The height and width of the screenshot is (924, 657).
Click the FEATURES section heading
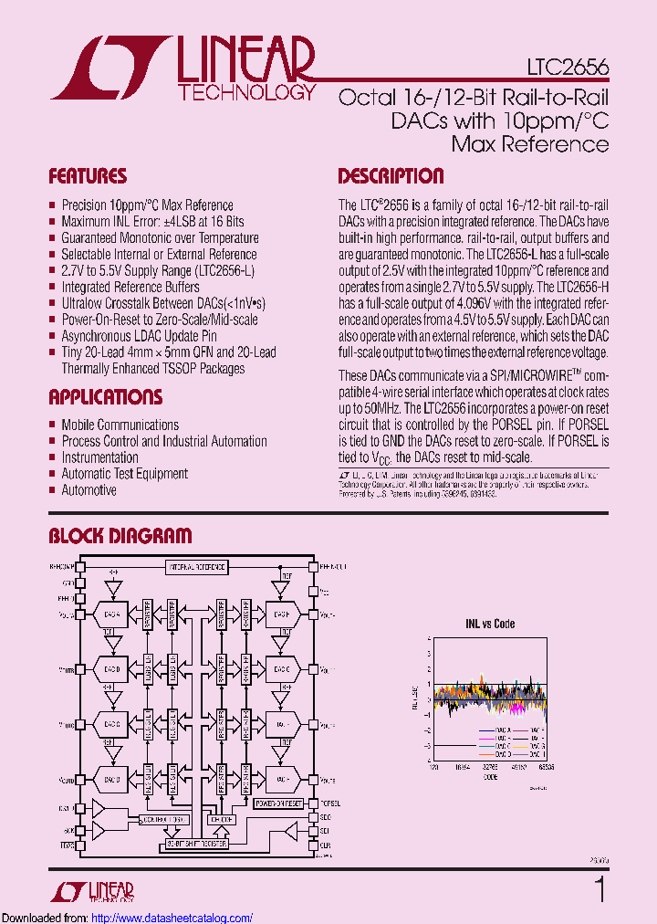coord(88,176)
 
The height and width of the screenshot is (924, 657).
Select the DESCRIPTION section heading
coord(391,176)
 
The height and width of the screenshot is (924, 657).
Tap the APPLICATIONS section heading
coord(105,397)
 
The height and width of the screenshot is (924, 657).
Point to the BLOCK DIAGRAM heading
coord(120,536)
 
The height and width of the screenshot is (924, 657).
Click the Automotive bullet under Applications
coord(89,490)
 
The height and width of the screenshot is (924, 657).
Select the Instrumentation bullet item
coord(99,457)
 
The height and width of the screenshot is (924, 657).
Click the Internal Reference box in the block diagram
coord(196,567)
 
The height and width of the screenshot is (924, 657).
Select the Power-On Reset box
coord(279,803)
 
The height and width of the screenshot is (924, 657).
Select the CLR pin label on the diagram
coord(326,845)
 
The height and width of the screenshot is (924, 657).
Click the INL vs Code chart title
coord(491,624)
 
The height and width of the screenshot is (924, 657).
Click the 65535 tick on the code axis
coord(547,769)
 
